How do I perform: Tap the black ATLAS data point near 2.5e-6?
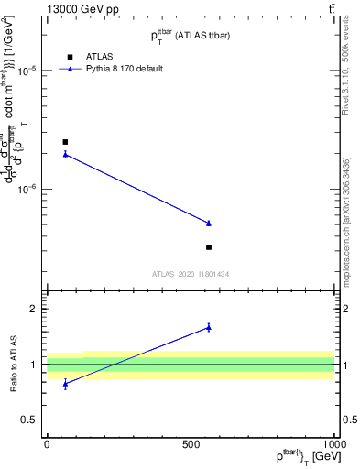click(65, 142)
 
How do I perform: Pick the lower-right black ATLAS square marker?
click(209, 247)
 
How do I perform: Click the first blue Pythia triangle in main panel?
click(65, 155)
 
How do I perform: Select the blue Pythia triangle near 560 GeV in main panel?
click(209, 223)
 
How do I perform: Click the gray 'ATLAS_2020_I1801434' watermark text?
click(191, 274)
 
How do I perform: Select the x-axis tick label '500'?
click(191, 444)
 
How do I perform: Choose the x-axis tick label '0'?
click(47, 444)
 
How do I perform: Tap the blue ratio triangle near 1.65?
click(209, 327)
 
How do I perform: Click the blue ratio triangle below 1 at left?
click(65, 384)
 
